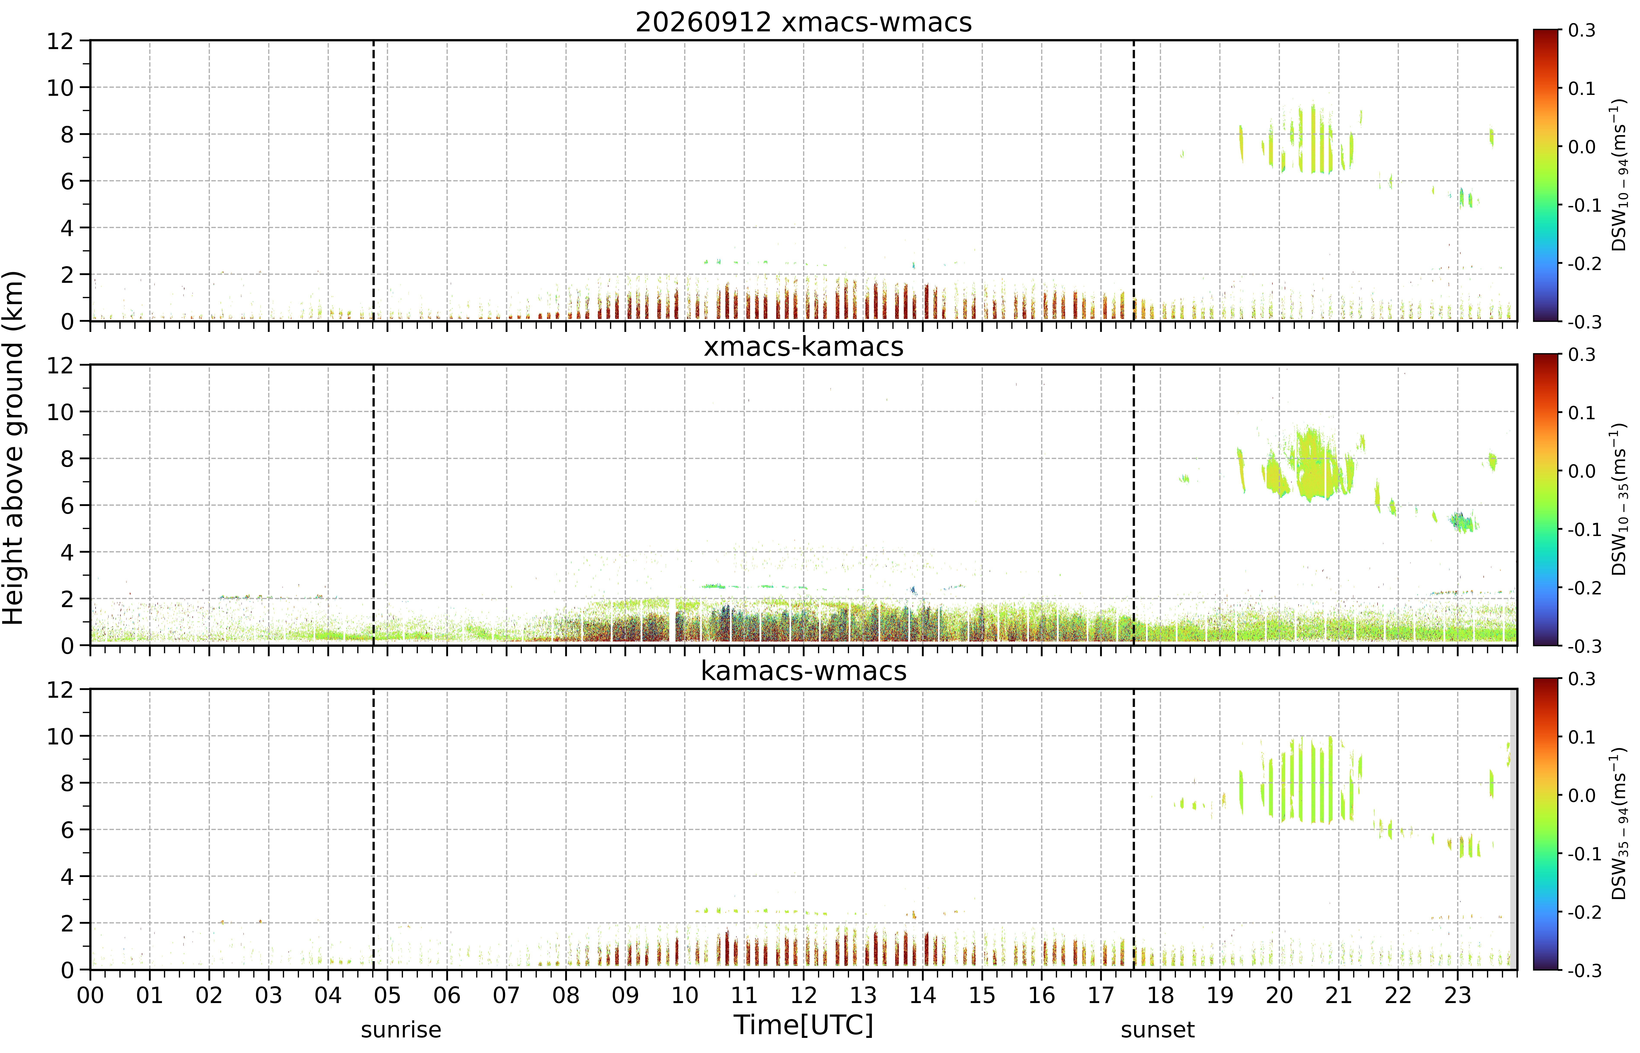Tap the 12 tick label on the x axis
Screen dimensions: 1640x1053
pos(804,995)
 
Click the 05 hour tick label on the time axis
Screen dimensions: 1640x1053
pos(388,995)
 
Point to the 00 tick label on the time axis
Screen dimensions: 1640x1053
pos(90,995)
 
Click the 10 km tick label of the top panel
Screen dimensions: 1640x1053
pos(60,88)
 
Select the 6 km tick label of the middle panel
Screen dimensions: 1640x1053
pos(67,505)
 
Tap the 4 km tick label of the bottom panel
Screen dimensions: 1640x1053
pos(67,877)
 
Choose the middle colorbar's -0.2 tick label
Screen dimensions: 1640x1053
pos(1585,588)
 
